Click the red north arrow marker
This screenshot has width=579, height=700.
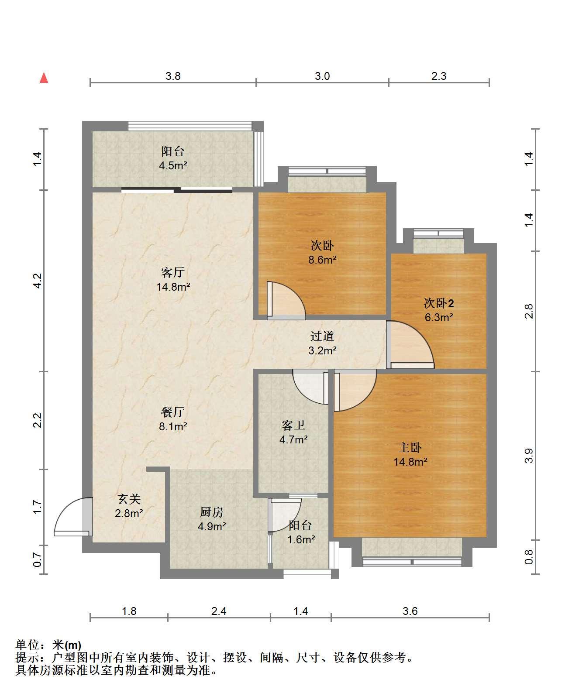[x=44, y=78]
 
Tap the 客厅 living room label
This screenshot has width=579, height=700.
[x=173, y=273]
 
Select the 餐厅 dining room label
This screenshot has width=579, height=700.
[x=173, y=412]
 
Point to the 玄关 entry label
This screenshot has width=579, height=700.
[x=129, y=499]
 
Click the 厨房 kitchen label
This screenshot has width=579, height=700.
[x=212, y=512]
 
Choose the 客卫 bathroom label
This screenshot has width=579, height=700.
[x=293, y=425]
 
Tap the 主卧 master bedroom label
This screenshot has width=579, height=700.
[x=410, y=447]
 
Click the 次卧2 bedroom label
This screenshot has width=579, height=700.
[x=439, y=303]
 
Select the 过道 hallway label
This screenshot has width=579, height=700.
[x=322, y=336]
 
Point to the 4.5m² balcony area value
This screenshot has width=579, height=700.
[x=173, y=166]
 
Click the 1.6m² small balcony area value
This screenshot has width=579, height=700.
[x=301, y=540]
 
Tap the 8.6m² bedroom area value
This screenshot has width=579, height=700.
[x=322, y=260]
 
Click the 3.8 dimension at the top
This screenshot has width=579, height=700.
[x=173, y=76]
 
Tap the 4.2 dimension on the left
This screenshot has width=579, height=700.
[x=38, y=280]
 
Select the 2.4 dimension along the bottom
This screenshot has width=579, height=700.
[x=219, y=611]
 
